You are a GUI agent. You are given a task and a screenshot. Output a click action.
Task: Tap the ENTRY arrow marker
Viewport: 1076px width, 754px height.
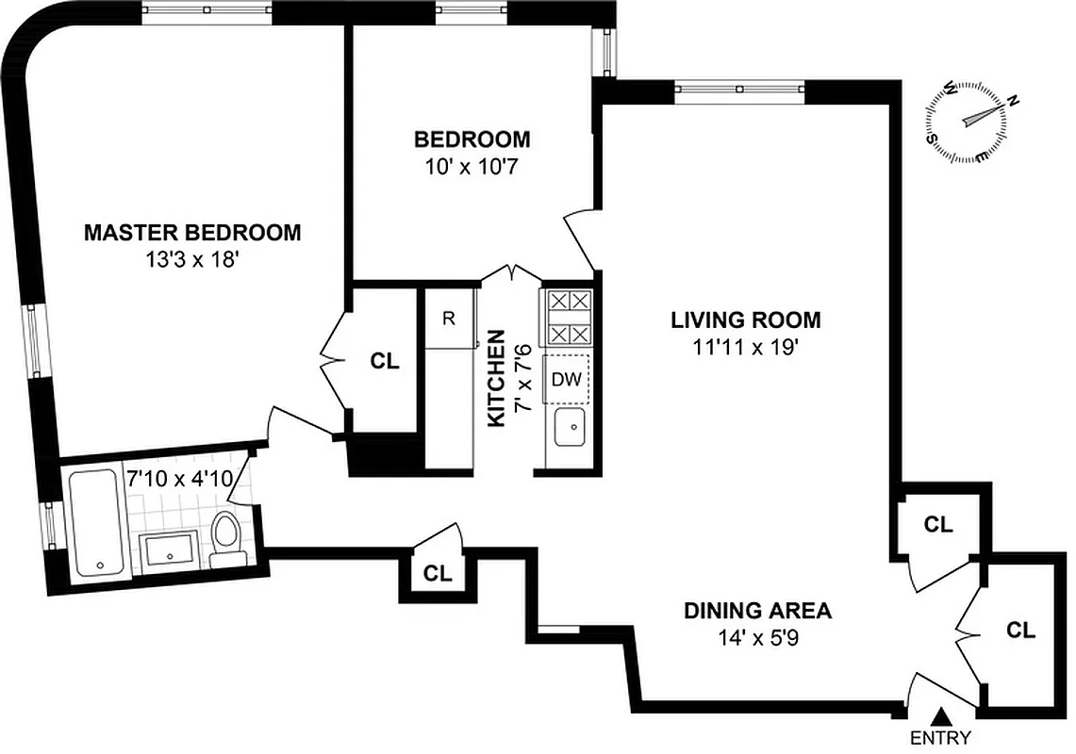click(939, 719)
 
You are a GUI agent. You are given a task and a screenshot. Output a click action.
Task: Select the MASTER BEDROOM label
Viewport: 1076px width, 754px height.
click(192, 232)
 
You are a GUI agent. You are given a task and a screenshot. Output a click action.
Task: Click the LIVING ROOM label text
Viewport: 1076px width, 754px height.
click(745, 320)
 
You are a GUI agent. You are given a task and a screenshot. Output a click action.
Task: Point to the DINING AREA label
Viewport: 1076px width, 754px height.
click(757, 611)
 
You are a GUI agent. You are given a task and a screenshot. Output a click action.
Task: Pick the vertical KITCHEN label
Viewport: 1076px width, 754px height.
click(498, 378)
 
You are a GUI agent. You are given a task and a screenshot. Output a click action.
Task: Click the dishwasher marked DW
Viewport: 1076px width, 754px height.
click(565, 380)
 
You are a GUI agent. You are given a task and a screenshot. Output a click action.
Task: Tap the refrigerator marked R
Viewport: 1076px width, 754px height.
click(449, 319)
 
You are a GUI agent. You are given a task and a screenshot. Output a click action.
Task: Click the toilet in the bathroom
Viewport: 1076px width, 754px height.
click(227, 538)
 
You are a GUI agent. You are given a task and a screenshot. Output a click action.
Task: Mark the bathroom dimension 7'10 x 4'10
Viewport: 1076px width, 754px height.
click(179, 478)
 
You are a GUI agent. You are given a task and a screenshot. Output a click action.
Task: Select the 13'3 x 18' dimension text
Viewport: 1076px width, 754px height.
click(191, 259)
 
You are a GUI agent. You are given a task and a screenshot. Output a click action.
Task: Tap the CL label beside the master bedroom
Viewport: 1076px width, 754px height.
click(384, 361)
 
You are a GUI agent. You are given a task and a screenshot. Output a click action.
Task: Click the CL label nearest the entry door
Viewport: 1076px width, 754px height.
click(1020, 630)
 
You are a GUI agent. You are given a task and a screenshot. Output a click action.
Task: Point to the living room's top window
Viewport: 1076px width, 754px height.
click(740, 90)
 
